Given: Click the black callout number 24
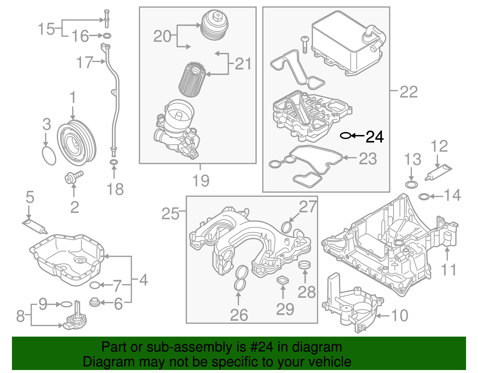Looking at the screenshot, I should click(x=375, y=137).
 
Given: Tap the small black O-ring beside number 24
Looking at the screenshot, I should click(x=345, y=136).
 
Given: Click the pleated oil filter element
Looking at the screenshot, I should click(x=192, y=80).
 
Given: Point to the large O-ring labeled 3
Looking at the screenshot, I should click(x=49, y=155).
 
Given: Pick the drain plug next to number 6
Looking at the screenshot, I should click(x=94, y=302).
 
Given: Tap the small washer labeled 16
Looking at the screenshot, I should click(x=107, y=36).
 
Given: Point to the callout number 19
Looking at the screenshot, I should click(x=201, y=181).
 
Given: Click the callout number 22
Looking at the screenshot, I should click(x=408, y=92).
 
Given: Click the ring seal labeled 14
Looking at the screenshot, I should click(x=424, y=197).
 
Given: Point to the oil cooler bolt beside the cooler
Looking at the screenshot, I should click(x=305, y=44).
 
